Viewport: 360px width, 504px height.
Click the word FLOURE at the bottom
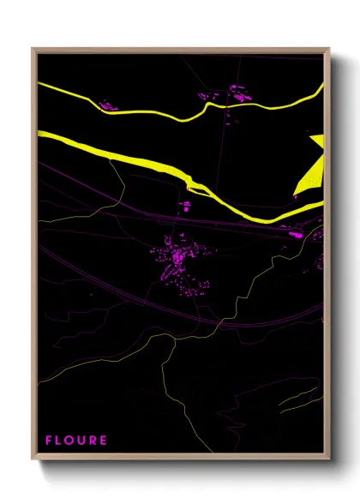click(77, 441)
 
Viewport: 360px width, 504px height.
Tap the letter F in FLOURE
click(50, 441)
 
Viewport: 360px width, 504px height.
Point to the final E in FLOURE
click(104, 441)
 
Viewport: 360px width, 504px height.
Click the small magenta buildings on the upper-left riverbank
click(109, 106)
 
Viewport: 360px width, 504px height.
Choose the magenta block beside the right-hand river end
click(296, 232)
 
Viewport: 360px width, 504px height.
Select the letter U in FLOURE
click(82, 441)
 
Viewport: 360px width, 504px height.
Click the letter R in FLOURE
click(93, 441)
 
